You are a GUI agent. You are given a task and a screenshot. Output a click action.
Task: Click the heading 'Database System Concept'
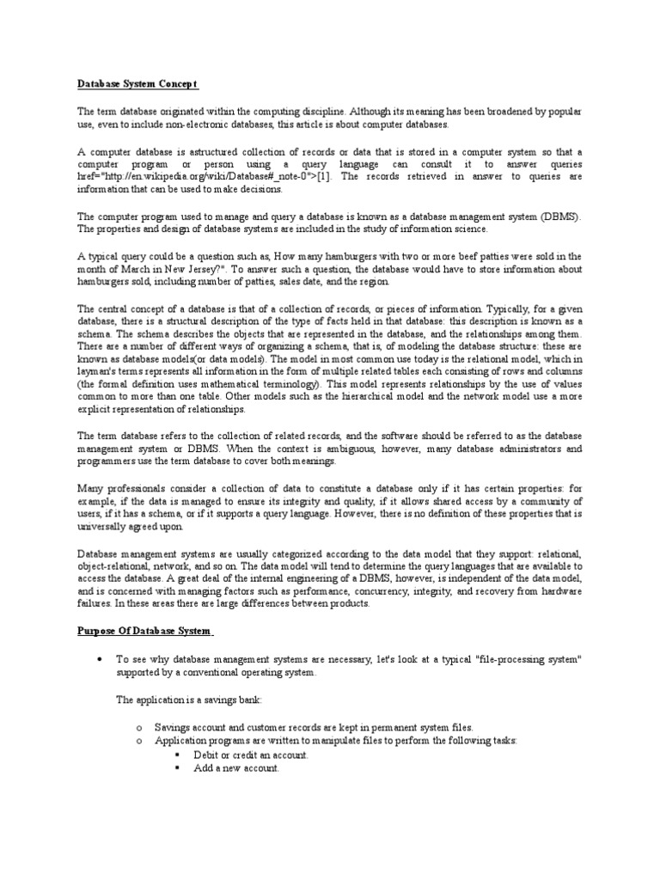pos(137,83)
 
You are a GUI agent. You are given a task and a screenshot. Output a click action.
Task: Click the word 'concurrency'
pos(409,591)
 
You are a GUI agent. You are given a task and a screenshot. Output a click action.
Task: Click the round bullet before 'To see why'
pos(101,659)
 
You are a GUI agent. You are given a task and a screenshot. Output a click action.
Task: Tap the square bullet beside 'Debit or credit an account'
pos(177,755)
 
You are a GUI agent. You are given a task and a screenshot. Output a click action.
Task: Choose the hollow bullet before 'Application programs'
pos(139,741)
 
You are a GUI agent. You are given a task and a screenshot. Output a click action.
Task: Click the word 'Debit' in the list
pos(206,755)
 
